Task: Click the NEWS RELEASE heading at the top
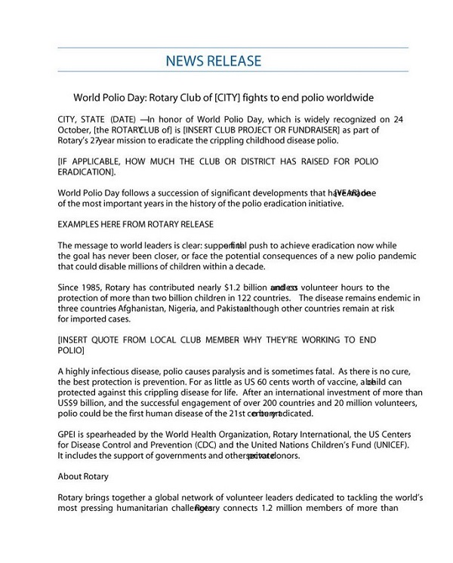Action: (x=214, y=60)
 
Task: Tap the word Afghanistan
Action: (x=140, y=308)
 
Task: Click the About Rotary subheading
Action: (x=83, y=477)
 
